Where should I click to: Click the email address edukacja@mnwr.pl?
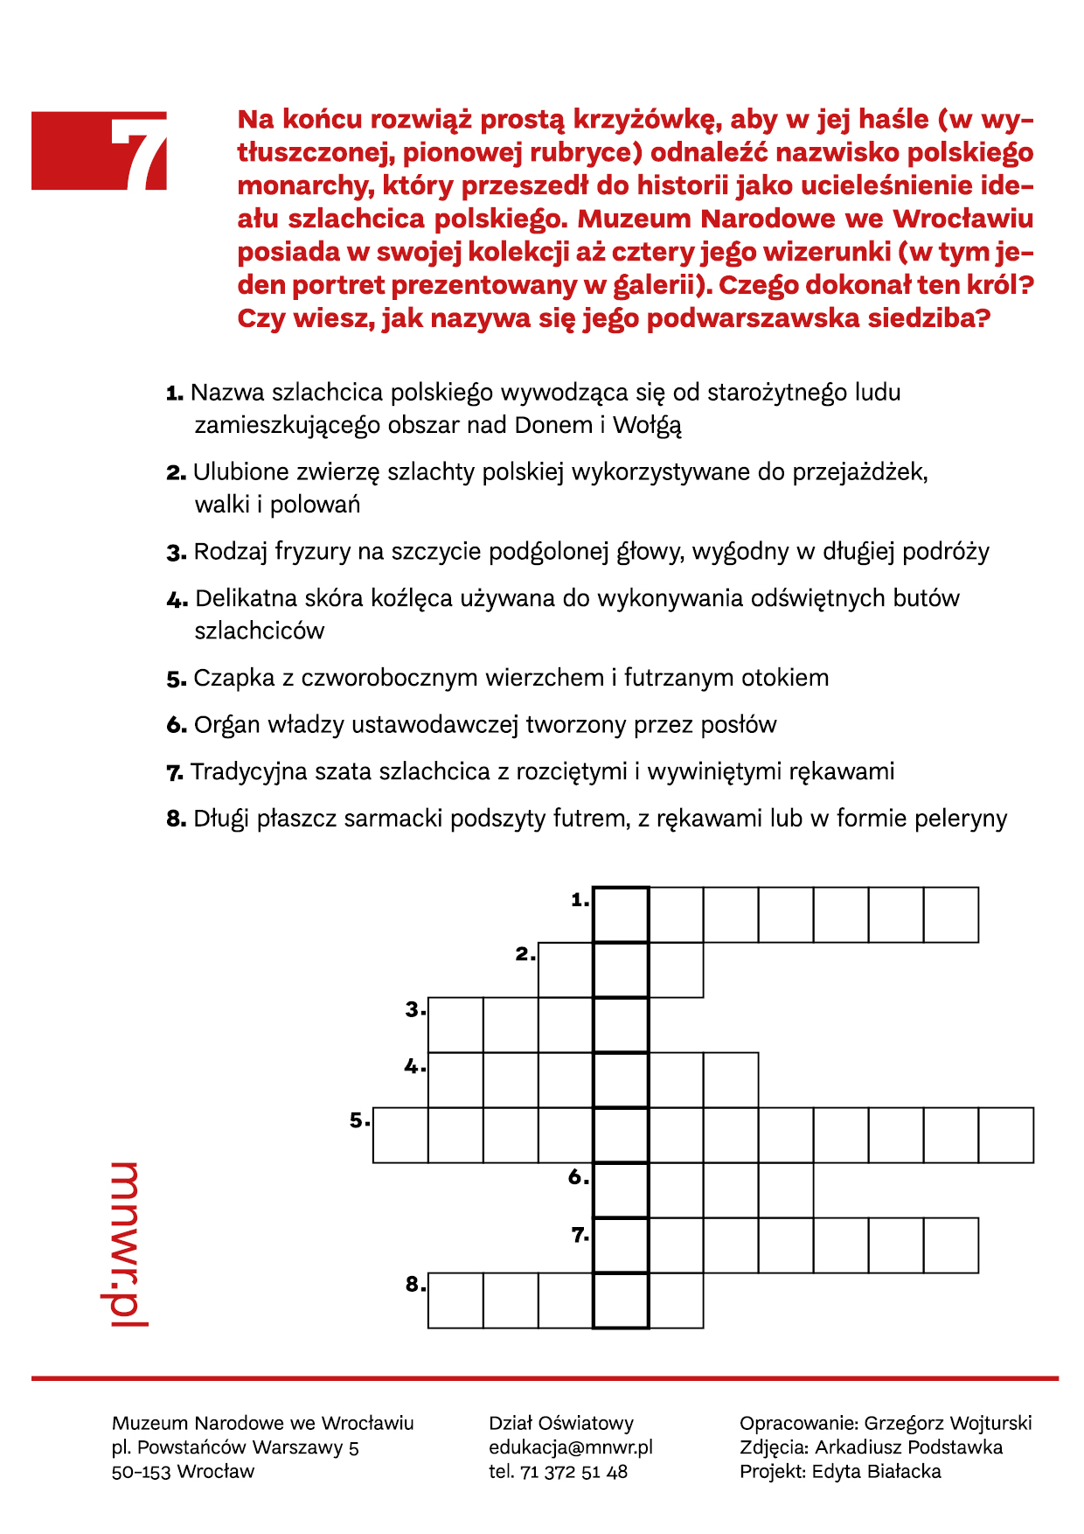pyautogui.click(x=570, y=1447)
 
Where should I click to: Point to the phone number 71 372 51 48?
pyautogui.click(x=573, y=1472)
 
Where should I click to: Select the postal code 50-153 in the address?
pyautogui.click(x=142, y=1472)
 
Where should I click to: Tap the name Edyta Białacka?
pyautogui.click(x=876, y=1472)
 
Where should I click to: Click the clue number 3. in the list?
pyautogui.click(x=177, y=553)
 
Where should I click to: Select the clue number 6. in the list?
pyautogui.click(x=177, y=726)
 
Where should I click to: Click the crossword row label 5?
pyautogui.click(x=359, y=1120)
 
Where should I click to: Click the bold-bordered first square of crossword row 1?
pyautogui.click(x=621, y=915)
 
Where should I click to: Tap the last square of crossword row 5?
pyautogui.click(x=1006, y=1135)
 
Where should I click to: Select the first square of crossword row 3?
pyautogui.click(x=455, y=1025)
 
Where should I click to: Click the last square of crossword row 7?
pyautogui.click(x=951, y=1245)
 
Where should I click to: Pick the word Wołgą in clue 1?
pyautogui.click(x=647, y=426)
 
